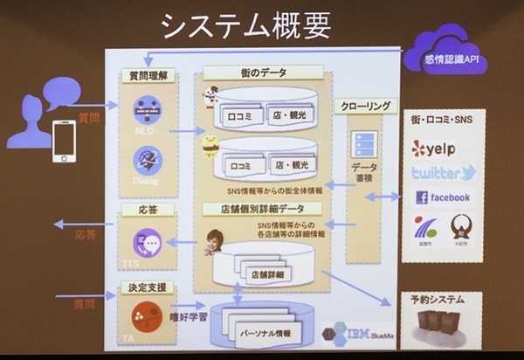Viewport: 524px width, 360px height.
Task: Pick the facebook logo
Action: coord(443,197)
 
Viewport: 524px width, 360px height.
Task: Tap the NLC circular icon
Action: coord(145,112)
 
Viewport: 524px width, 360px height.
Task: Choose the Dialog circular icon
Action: coord(146,160)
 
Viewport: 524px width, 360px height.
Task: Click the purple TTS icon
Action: coord(144,241)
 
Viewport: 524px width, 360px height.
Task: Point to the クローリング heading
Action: coord(366,107)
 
